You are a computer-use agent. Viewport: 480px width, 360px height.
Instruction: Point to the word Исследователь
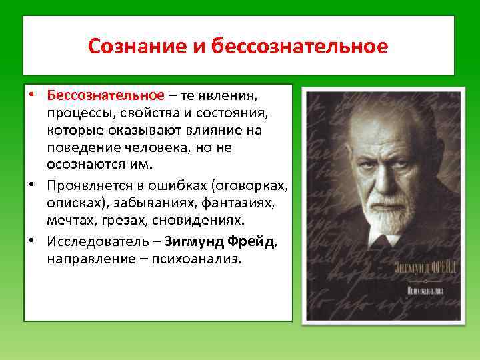pos(94,242)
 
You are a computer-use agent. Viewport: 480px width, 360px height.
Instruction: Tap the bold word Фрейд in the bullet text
pos(253,242)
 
